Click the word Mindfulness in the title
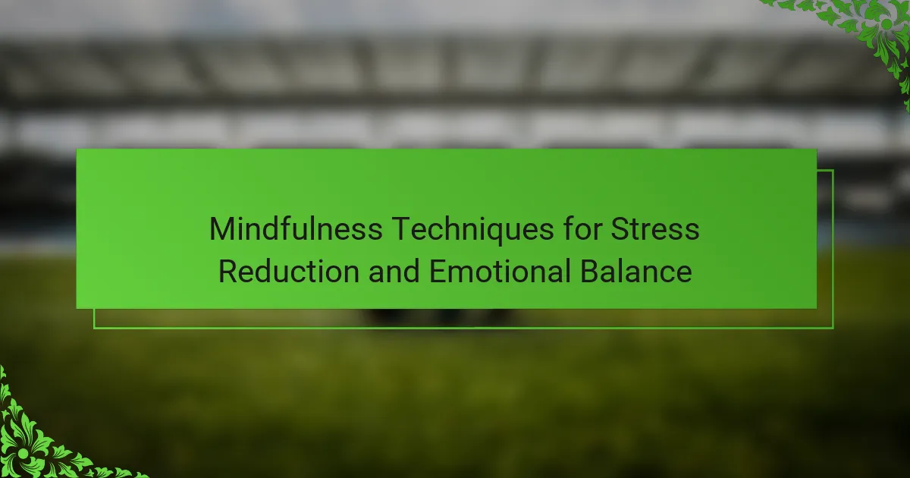296,228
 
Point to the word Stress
655,229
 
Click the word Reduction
289,271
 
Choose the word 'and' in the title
394,271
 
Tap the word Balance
636,271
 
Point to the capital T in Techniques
402,229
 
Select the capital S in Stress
620,229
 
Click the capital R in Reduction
229,271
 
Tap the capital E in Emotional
438,271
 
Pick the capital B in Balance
590,271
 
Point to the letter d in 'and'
412,271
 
